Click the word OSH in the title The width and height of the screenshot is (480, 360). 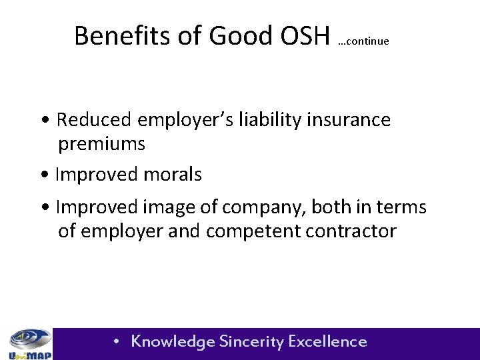304,35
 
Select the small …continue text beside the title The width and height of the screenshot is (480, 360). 363,41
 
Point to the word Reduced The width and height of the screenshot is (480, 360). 94,120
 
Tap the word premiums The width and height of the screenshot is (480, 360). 101,143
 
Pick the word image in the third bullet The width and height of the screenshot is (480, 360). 169,208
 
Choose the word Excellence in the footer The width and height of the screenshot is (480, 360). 328,341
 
